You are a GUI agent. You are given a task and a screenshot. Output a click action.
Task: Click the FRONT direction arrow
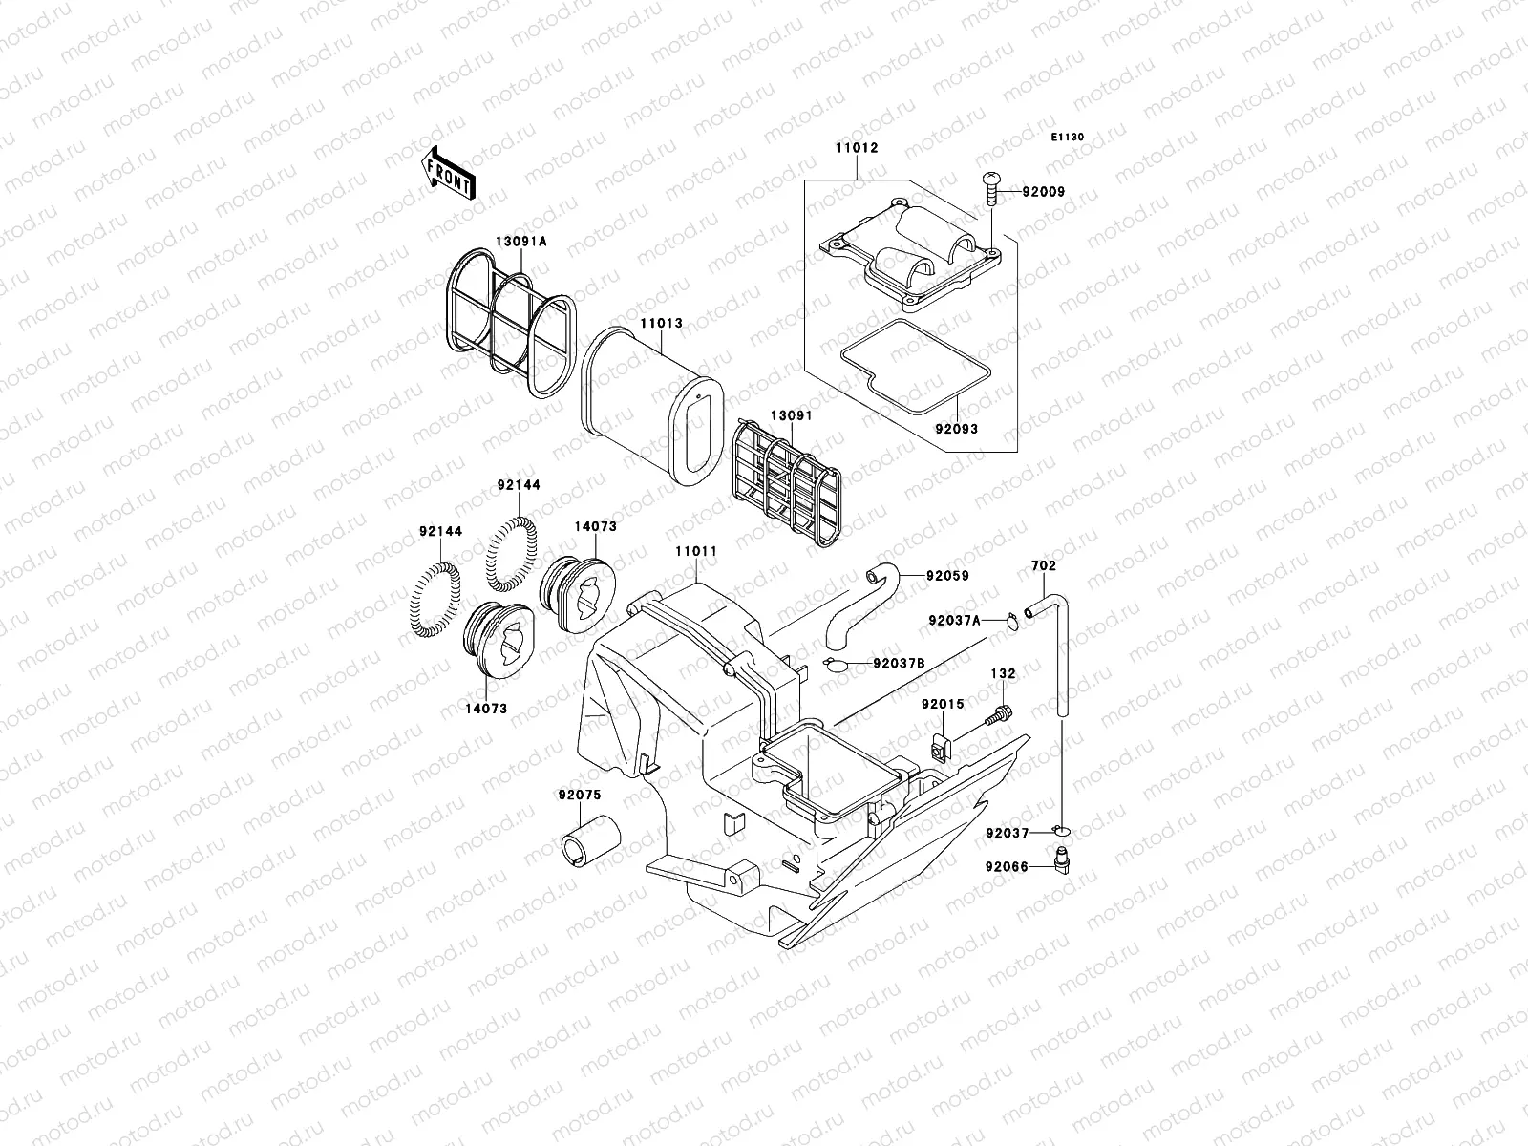449,172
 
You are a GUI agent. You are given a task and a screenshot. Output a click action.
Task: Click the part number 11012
858,148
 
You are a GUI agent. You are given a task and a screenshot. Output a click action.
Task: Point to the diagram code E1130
1068,138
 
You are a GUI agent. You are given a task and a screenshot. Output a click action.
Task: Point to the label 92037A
954,620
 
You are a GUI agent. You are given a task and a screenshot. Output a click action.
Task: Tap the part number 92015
943,704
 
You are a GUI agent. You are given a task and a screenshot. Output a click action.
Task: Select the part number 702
1043,565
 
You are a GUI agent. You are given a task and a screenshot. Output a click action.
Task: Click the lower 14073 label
487,709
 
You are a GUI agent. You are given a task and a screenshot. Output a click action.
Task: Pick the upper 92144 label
519,485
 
